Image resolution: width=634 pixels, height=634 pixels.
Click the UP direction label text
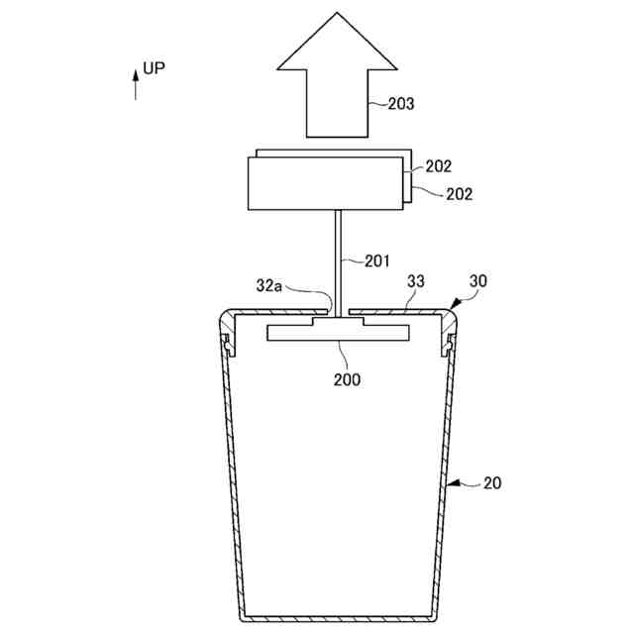point(154,68)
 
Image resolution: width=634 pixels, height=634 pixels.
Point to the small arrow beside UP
point(136,84)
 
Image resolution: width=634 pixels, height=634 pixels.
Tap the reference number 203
point(400,102)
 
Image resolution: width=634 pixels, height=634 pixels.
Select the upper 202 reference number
point(440,166)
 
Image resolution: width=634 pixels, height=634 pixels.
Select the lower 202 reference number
point(459,194)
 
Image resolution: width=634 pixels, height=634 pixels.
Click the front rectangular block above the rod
point(326,185)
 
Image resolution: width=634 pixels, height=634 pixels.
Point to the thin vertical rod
point(338,258)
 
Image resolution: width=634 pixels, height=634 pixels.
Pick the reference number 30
point(477,280)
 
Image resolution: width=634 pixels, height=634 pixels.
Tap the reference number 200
point(346,378)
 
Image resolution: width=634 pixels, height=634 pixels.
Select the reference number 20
point(492,483)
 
